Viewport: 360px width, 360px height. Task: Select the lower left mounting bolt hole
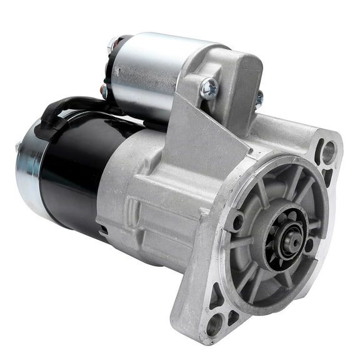point(214,324)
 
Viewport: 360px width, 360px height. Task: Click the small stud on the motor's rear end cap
point(18,147)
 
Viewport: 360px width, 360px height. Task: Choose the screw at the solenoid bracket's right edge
point(258,98)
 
